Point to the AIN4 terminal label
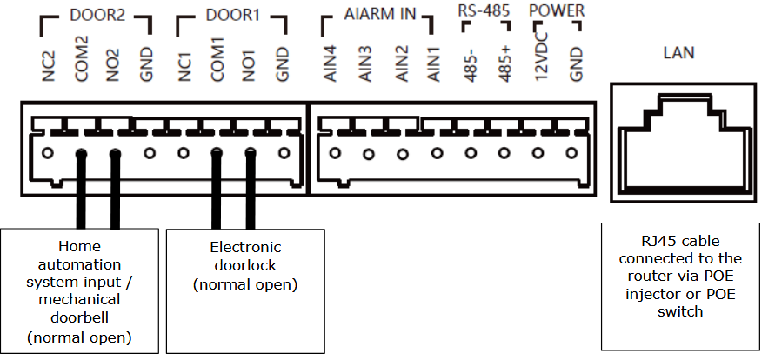coord(330,63)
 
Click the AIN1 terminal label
coord(434,63)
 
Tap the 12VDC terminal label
coord(540,59)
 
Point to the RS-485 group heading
coord(484,11)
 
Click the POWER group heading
coord(557,11)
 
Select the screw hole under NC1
coord(183,155)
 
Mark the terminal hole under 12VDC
coord(538,154)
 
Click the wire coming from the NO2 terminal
coord(115,191)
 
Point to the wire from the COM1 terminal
coord(216,191)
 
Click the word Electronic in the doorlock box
coord(245,247)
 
